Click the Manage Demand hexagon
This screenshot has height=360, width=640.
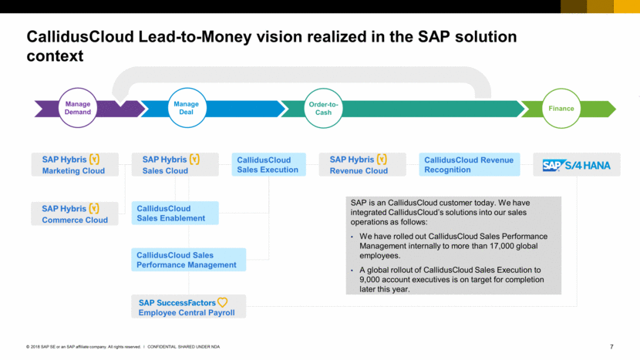(78, 108)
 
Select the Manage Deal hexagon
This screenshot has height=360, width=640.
(186, 108)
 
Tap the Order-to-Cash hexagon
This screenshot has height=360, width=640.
(323, 108)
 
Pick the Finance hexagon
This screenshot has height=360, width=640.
(561, 109)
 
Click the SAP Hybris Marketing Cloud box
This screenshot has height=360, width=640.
(76, 165)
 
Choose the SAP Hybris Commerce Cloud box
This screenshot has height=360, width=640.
(76, 214)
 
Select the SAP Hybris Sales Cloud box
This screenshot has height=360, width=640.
(175, 165)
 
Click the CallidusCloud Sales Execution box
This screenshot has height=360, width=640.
(268, 165)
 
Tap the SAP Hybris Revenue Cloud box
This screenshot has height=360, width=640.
(362, 165)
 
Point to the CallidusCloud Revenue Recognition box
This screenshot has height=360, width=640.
(470, 165)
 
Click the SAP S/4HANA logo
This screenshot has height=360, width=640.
(576, 165)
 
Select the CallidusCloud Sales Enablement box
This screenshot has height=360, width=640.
(175, 214)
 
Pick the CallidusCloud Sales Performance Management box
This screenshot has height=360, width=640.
(188, 260)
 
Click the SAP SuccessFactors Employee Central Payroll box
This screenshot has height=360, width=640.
(188, 307)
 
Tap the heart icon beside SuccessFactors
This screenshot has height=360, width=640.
(222, 302)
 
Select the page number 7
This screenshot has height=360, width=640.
(611, 347)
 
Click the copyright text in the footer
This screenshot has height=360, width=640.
(83, 347)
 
